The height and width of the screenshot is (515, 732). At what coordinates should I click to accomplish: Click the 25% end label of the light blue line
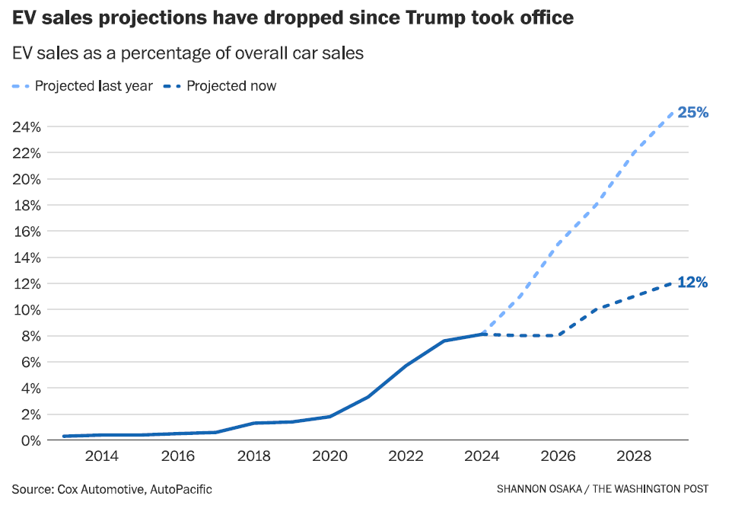(x=692, y=113)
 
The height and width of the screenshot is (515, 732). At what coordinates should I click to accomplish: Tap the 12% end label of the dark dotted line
(x=692, y=283)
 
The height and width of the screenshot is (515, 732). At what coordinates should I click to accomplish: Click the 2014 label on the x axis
(x=101, y=456)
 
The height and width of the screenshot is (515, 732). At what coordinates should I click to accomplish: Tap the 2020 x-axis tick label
(x=329, y=456)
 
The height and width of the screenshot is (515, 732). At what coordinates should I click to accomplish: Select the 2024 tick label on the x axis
(x=482, y=456)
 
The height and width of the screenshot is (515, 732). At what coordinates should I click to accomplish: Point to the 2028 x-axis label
(x=634, y=456)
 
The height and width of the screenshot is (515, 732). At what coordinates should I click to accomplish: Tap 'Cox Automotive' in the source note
(x=99, y=489)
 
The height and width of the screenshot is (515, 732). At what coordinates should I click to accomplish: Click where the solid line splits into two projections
(x=482, y=334)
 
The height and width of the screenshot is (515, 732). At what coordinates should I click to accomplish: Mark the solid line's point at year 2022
(x=406, y=366)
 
